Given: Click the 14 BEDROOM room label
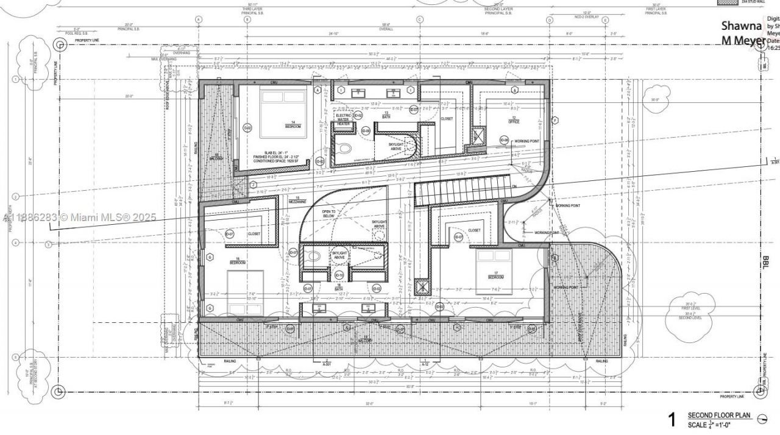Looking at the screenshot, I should coord(293,125).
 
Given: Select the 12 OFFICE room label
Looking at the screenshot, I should coord(514,120).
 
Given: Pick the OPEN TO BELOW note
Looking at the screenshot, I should coord(328,213).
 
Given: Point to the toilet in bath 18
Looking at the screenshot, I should coord(313,257).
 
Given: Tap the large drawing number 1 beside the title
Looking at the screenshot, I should coord(672,419).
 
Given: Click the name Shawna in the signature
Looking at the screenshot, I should coord(742,26).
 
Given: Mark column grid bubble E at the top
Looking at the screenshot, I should coord(605,19).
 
